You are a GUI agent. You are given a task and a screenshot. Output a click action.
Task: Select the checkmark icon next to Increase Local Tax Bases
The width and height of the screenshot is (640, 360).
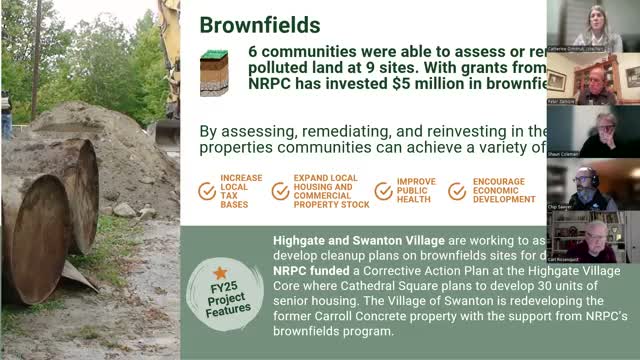pyautogui.click(x=207, y=191)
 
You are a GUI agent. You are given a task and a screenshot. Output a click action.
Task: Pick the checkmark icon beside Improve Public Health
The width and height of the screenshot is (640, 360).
pyautogui.click(x=383, y=191)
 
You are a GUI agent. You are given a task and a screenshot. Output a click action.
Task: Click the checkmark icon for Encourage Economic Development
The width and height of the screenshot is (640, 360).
pyautogui.click(x=457, y=191)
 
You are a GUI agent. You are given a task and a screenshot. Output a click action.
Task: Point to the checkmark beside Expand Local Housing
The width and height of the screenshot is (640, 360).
pyautogui.click(x=281, y=191)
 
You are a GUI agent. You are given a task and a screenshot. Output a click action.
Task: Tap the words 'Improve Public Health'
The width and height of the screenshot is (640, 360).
pyautogui.click(x=417, y=191)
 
